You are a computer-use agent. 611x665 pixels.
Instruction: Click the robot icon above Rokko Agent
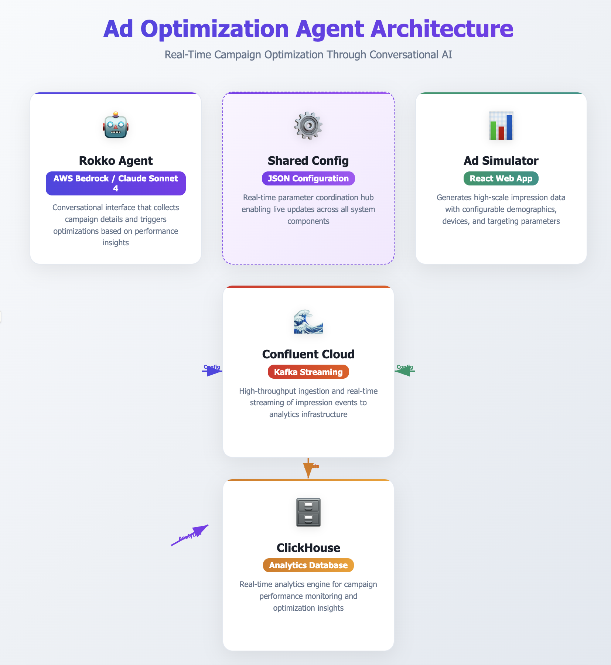[x=116, y=126]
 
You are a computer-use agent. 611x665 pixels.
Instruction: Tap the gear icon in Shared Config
[x=308, y=126]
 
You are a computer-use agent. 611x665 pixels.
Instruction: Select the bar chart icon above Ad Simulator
[x=501, y=126]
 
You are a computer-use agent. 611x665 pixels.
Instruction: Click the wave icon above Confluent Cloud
[x=308, y=321]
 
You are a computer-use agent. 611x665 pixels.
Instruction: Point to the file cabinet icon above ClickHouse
[x=308, y=512]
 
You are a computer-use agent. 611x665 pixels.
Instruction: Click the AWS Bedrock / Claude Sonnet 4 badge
[x=116, y=183]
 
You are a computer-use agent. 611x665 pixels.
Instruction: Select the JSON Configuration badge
[x=308, y=178]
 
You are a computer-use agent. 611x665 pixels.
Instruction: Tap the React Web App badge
[x=501, y=178]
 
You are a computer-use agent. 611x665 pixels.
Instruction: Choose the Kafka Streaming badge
[x=308, y=372]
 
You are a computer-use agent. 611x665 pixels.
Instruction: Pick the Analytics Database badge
[x=308, y=565]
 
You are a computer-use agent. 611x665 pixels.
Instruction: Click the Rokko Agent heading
[x=116, y=161]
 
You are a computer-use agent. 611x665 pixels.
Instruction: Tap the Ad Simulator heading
[x=501, y=161]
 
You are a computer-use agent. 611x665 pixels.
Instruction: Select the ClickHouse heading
[x=308, y=548]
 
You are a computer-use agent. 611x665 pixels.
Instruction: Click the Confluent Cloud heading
[x=308, y=354]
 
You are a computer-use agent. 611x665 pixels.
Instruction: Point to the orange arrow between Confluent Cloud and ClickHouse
[x=308, y=468]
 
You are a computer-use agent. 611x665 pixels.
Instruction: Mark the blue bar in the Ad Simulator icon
[x=509, y=127]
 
